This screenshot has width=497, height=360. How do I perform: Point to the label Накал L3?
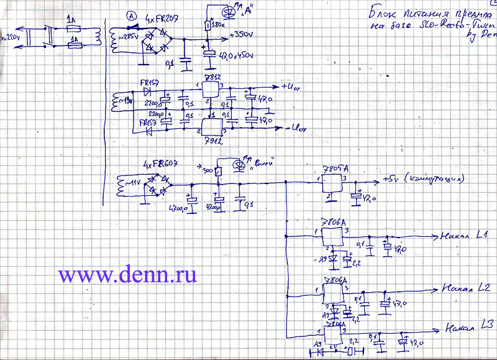pyautogui.click(x=469, y=326)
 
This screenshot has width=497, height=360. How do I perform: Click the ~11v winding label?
pyautogui.click(x=132, y=181)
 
